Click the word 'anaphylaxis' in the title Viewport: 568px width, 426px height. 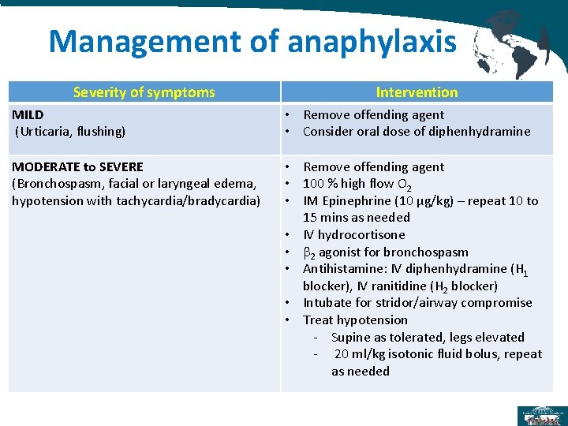tap(372, 43)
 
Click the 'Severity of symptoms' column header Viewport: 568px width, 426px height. tap(144, 92)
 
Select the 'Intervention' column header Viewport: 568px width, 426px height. tap(417, 92)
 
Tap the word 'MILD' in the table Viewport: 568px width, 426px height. tap(28, 115)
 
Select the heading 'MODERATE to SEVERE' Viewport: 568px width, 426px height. tap(77, 167)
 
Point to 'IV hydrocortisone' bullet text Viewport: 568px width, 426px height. tap(354, 234)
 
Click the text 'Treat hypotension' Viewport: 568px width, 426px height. tap(356, 319)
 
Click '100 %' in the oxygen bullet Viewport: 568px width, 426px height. tap(320, 184)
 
